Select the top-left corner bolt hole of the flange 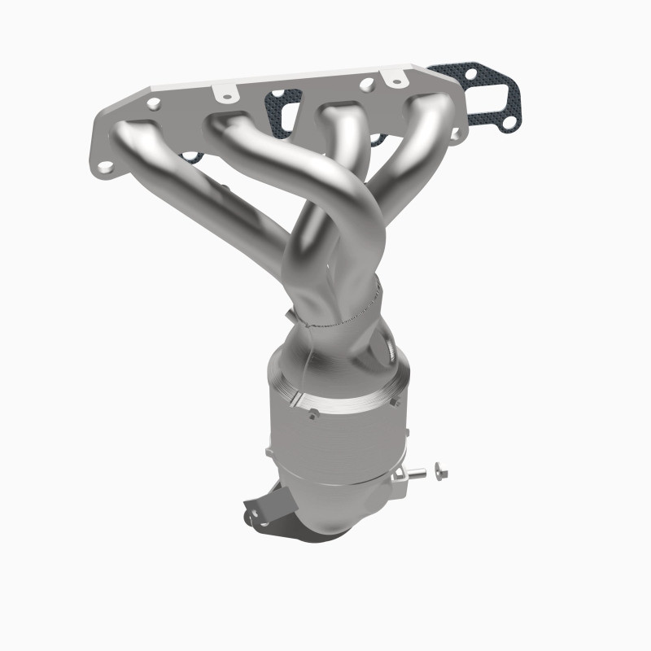152,103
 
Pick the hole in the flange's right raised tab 374,82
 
